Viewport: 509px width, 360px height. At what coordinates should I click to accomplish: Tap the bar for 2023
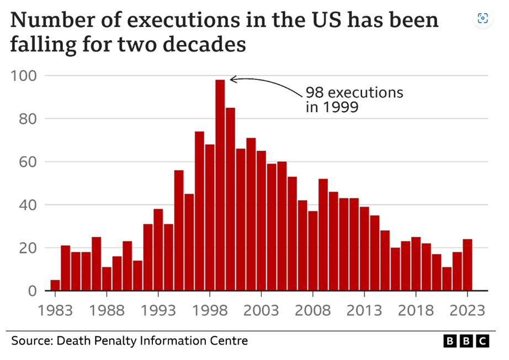click(468, 264)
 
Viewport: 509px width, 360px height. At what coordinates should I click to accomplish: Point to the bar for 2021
click(447, 279)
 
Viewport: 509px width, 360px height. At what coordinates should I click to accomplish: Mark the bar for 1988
click(107, 279)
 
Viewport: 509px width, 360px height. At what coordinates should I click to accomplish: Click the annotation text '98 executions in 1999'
click(353, 99)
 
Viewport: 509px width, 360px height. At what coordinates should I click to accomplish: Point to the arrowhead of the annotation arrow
click(231, 80)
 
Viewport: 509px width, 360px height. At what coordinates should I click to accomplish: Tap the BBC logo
click(466, 341)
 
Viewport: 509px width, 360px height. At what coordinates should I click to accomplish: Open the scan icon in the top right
click(482, 18)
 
